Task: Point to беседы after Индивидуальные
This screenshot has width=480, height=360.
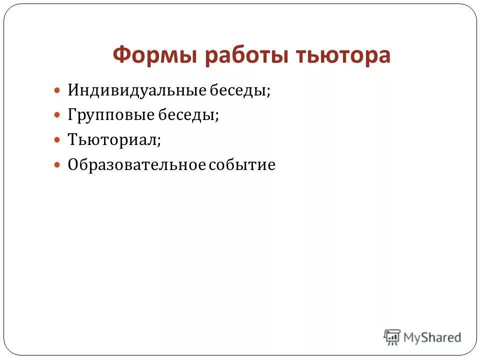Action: pyautogui.click(x=243, y=91)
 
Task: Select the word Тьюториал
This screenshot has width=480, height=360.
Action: pyautogui.click(x=113, y=139)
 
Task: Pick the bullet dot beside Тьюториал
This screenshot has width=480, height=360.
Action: pyautogui.click(x=57, y=140)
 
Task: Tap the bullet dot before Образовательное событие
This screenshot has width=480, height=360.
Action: pyautogui.click(x=57, y=164)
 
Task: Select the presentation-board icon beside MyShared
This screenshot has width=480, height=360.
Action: pyautogui.click(x=392, y=337)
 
